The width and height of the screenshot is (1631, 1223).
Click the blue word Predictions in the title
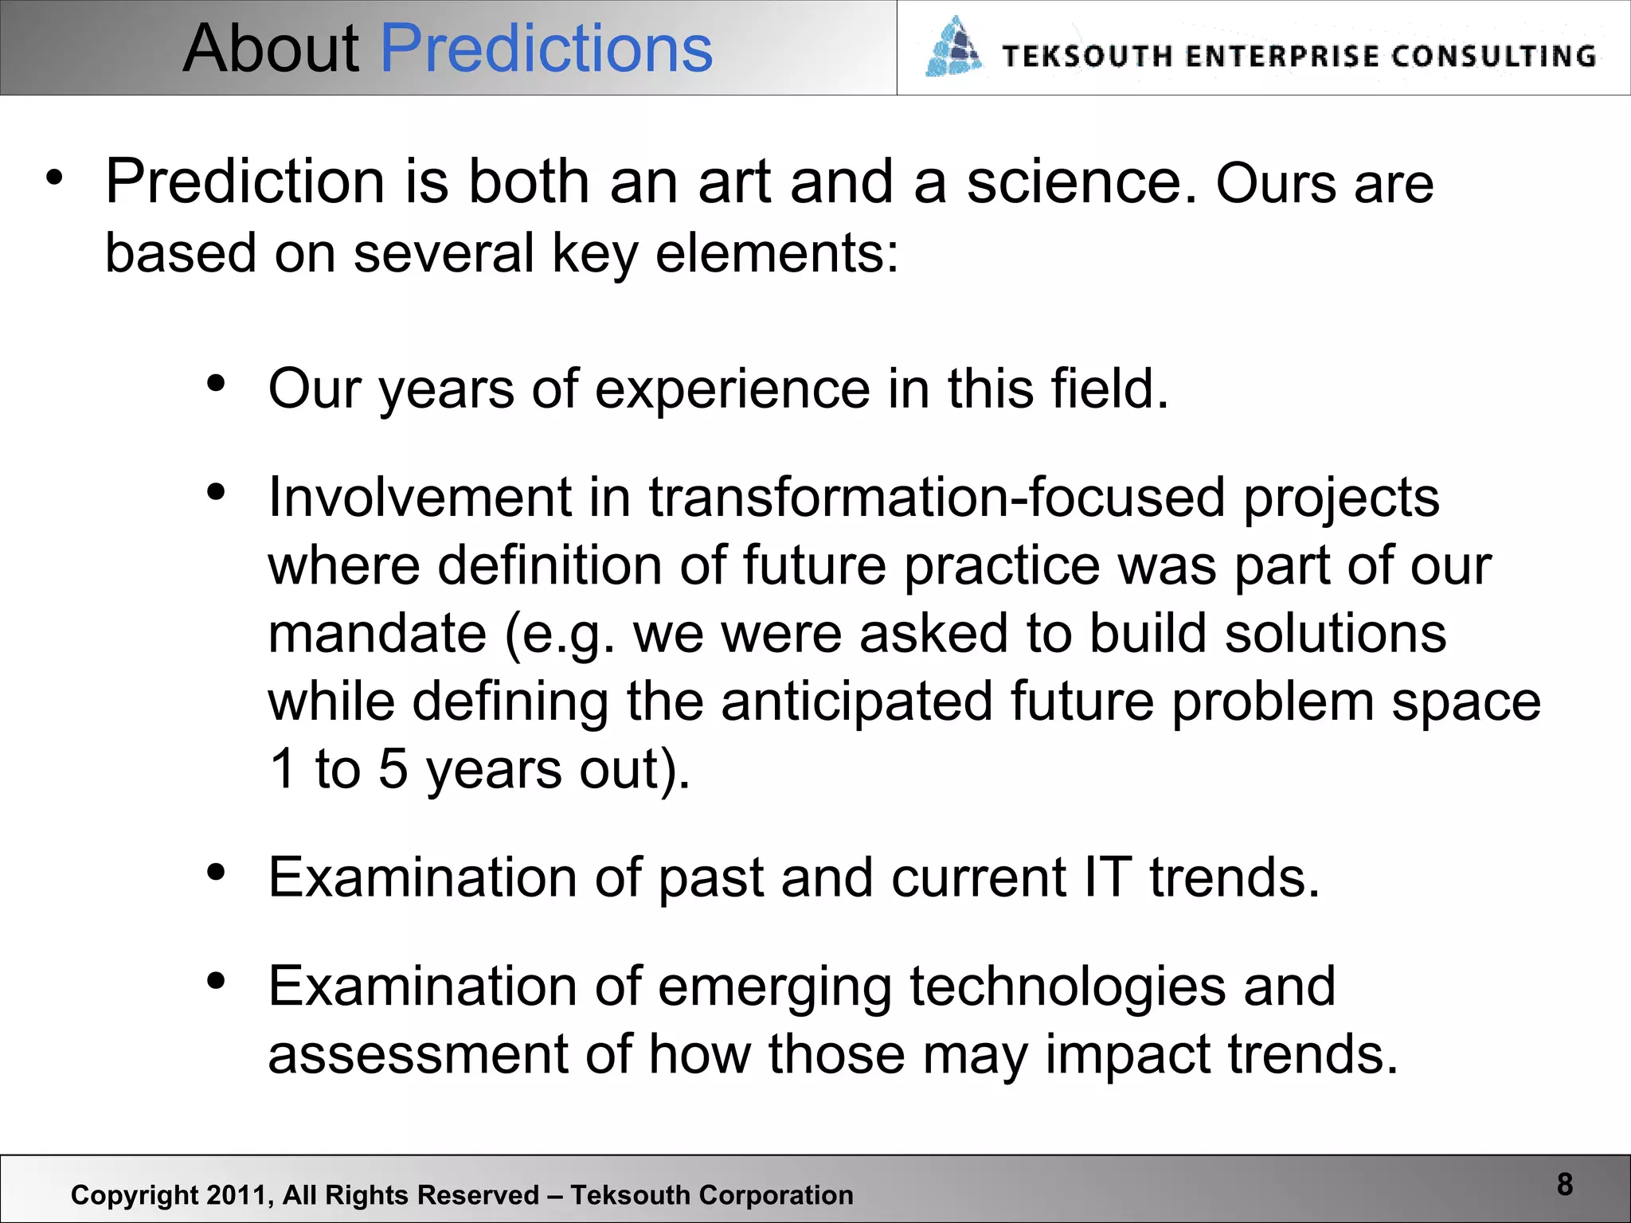coord(546,49)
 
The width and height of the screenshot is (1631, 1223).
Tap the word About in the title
coord(271,49)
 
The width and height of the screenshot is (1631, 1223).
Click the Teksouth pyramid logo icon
coord(953,48)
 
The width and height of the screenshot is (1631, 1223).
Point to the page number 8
coord(1564,1184)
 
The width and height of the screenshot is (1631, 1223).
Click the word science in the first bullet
coord(1081,183)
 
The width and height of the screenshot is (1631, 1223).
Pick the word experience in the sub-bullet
coord(732,389)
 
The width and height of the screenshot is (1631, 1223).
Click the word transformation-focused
coord(937,498)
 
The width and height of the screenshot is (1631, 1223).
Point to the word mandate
coord(377,634)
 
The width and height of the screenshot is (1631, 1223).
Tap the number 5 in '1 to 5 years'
coord(393,769)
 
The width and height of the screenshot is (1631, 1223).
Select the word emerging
coord(774,987)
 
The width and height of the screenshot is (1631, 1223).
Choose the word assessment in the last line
coord(417,1054)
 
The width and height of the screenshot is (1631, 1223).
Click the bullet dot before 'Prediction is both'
coord(53,177)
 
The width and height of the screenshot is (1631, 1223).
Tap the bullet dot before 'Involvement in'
coord(216,492)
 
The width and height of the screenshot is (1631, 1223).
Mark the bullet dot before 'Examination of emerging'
coord(216,981)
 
